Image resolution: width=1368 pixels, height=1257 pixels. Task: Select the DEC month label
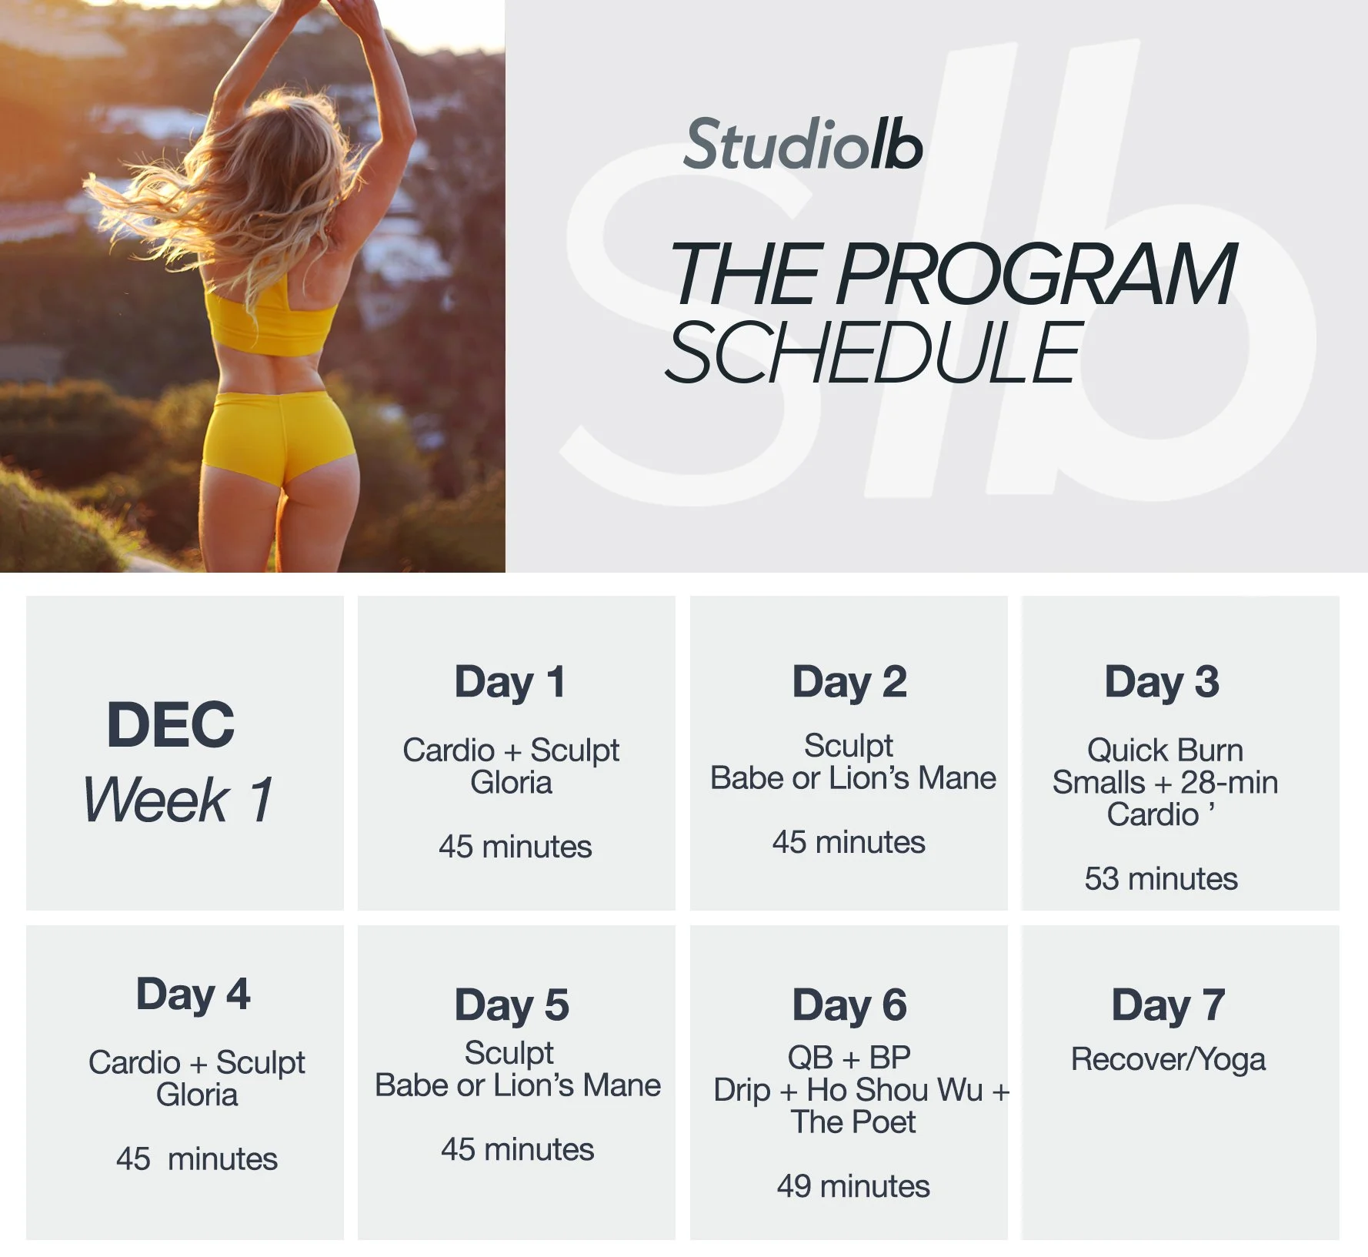(170, 724)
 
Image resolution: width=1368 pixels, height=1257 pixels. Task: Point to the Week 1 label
(178, 800)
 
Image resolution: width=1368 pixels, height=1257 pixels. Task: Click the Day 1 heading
(510, 682)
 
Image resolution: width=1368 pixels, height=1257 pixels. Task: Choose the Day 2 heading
(849, 682)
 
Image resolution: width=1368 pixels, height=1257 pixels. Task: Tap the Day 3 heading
(1162, 682)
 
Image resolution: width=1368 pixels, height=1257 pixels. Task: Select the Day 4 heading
(193, 995)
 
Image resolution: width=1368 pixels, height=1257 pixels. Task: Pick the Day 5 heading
(512, 1005)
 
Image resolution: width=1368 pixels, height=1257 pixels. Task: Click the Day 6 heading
(849, 1005)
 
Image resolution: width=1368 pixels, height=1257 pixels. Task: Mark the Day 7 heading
(1168, 1005)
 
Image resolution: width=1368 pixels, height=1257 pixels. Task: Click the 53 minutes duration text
(1161, 878)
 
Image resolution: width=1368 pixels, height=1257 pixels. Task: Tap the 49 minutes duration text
(852, 1186)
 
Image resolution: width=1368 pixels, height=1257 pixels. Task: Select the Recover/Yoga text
(1168, 1060)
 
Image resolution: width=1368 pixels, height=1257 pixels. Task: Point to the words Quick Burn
(1165, 750)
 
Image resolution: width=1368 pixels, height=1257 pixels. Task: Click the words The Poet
(853, 1122)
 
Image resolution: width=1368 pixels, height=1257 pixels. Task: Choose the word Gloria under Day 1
(511, 783)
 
